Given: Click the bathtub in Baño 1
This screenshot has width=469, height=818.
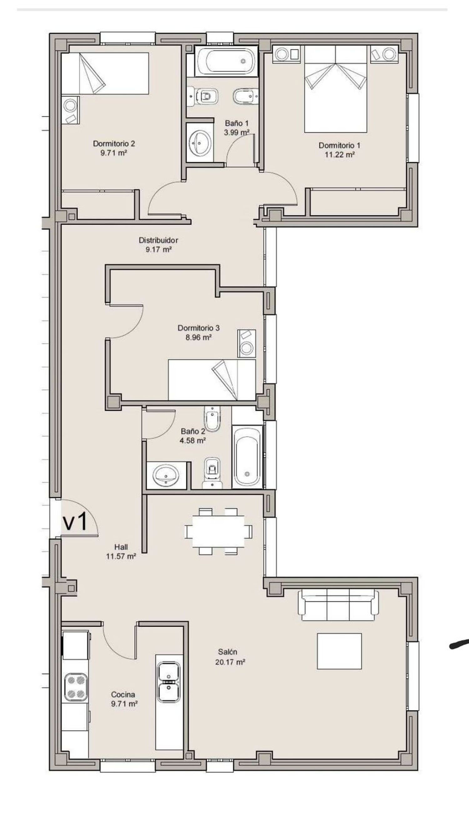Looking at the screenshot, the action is click(x=226, y=61).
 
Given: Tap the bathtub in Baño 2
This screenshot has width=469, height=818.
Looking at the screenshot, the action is click(x=247, y=457).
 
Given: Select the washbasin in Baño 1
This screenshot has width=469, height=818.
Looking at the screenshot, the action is click(x=200, y=143).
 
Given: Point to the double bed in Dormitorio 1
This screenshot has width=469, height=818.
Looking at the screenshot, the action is click(x=335, y=89).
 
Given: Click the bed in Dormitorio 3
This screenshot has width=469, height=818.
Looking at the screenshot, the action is click(x=212, y=380).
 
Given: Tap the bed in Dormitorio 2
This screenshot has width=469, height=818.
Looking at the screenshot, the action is click(x=105, y=73).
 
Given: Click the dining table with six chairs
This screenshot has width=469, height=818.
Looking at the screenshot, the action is click(x=218, y=531).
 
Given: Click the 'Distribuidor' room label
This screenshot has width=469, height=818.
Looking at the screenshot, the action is click(x=158, y=240).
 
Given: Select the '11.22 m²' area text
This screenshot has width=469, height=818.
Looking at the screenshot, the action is click(x=340, y=154).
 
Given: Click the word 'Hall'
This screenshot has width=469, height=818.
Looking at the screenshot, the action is click(x=121, y=547).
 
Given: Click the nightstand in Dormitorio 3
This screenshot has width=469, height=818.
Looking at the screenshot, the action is click(x=247, y=343).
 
